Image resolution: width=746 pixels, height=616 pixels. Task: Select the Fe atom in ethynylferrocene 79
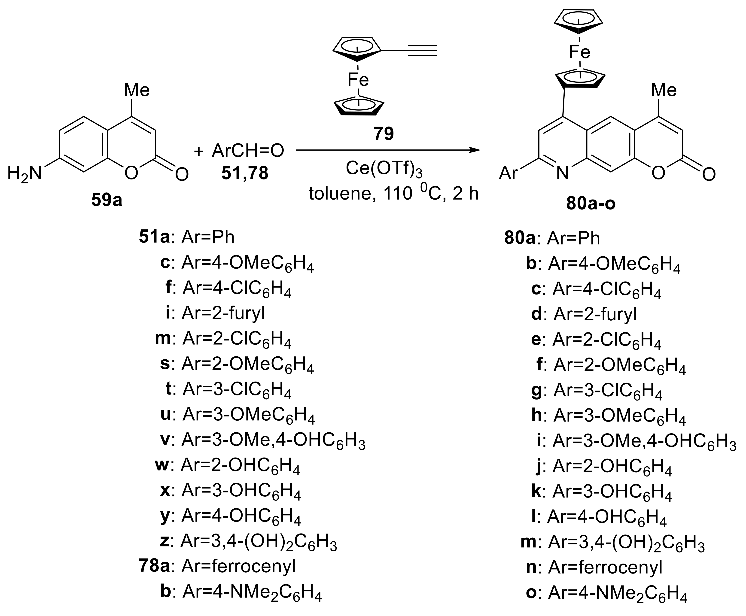click(x=358, y=80)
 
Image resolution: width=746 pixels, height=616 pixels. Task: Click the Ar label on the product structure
click(x=508, y=173)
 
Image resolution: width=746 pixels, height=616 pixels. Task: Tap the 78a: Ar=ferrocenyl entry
click(x=217, y=566)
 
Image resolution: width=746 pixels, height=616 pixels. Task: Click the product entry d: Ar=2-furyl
click(x=584, y=314)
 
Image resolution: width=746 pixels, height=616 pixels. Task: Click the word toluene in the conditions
click(x=338, y=194)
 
